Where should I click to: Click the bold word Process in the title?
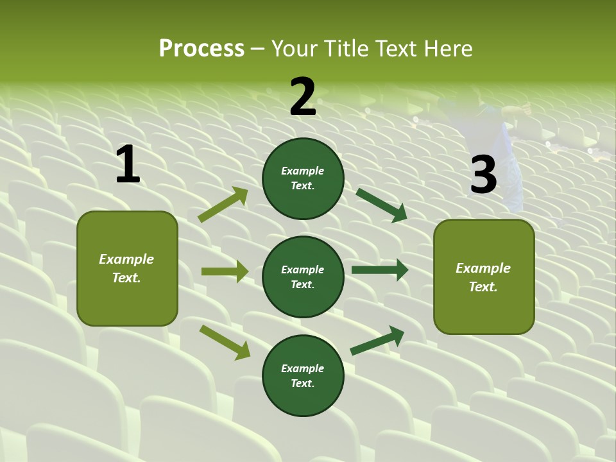point(201,49)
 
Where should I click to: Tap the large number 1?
point(128,165)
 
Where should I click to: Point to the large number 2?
point(303,97)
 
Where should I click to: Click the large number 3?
point(483,175)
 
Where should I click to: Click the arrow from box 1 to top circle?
point(223,205)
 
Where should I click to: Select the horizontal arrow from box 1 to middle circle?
point(225,271)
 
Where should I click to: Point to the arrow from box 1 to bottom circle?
point(225,341)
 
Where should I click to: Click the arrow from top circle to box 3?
point(382,205)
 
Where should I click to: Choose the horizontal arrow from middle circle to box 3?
point(379,270)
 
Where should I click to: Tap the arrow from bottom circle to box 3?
point(377,341)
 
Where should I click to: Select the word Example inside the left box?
point(126,259)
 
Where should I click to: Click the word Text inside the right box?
point(483,287)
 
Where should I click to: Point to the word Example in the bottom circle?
point(302,368)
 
